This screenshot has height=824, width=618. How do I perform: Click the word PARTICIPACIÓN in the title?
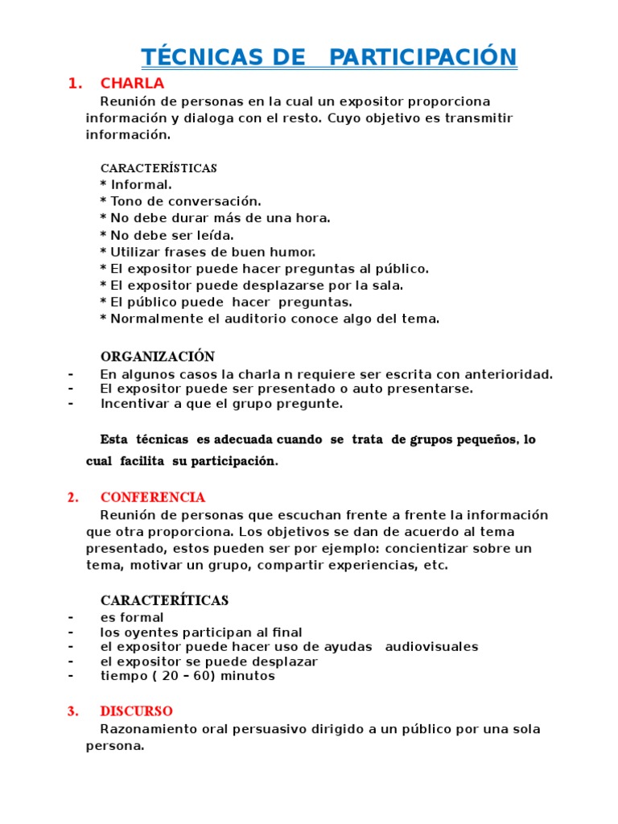pyautogui.click(x=422, y=57)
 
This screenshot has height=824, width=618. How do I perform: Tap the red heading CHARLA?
pyautogui.click(x=132, y=83)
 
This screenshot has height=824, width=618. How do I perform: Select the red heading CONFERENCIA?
pyautogui.click(x=152, y=497)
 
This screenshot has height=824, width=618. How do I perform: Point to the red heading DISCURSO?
pyautogui.click(x=136, y=711)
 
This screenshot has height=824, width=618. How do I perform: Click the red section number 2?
pyautogui.click(x=73, y=497)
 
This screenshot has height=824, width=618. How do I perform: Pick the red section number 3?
pyautogui.click(x=73, y=711)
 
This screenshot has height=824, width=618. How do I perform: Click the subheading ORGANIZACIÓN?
pyautogui.click(x=158, y=356)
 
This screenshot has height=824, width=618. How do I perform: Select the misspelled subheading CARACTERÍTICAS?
pyautogui.click(x=164, y=600)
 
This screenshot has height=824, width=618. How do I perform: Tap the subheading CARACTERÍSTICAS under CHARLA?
pyautogui.click(x=159, y=168)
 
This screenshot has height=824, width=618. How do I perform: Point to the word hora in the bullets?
pyautogui.click(x=314, y=218)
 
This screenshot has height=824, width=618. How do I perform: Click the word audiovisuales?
pyautogui.click(x=432, y=646)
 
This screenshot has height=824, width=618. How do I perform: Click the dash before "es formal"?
pyautogui.click(x=72, y=617)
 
